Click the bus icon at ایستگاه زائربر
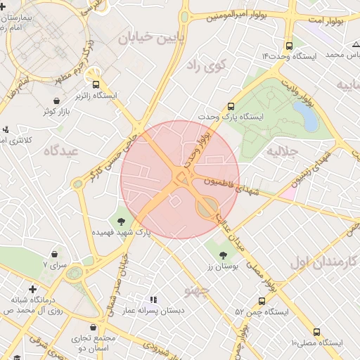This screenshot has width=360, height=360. [x=96, y=84]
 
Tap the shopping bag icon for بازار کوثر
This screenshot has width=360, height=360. [x=56, y=101]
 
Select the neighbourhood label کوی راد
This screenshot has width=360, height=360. [x=205, y=67]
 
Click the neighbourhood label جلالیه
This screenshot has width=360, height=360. [x=285, y=151]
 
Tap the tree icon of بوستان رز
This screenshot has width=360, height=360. [x=224, y=255]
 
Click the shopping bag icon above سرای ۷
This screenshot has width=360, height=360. [x=54, y=254]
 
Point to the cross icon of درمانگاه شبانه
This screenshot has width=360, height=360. [x=32, y=289]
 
